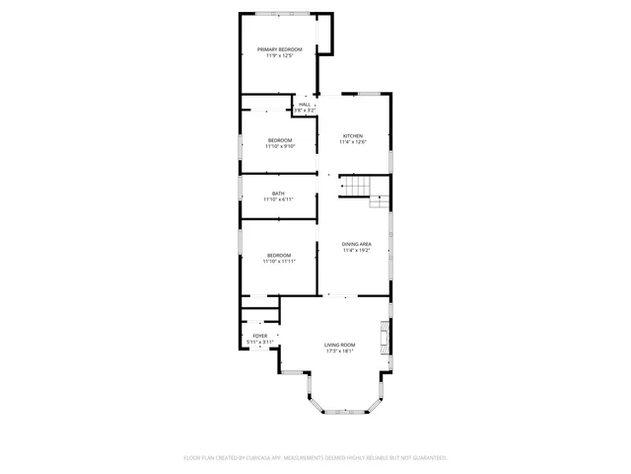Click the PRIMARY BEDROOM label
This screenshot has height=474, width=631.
point(279,49)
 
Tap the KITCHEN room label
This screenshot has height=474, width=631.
point(353,135)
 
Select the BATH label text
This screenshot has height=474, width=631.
point(279,194)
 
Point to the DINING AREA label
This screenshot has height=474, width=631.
point(357,244)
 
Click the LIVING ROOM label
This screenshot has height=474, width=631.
point(340,345)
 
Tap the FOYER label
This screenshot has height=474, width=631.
point(259,336)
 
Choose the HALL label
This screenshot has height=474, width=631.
point(305,104)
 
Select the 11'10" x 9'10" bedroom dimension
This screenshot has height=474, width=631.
point(280,147)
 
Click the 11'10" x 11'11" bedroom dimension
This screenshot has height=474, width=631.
point(280,262)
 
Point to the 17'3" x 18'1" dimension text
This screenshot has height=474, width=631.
point(340,351)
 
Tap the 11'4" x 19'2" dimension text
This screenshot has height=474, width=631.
point(357,251)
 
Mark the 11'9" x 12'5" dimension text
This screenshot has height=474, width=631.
point(280,56)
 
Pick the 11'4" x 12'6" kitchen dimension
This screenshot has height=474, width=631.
point(353,142)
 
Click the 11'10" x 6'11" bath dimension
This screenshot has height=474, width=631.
point(279,199)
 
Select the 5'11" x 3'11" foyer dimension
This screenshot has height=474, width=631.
point(259,342)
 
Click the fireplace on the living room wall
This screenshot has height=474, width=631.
point(386,337)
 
